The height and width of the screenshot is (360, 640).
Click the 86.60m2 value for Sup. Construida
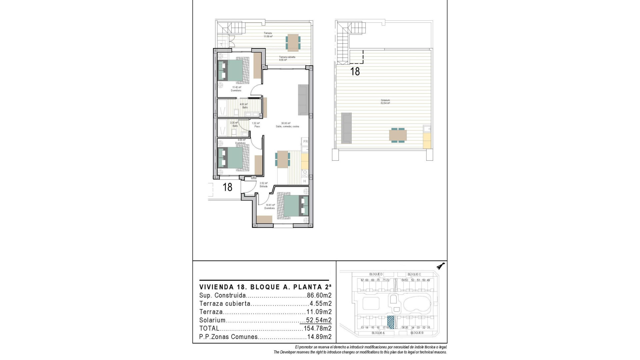click(319, 295)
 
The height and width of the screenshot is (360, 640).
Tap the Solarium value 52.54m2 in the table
click(319, 320)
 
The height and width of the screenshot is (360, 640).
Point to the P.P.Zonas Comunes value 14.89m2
click(319, 337)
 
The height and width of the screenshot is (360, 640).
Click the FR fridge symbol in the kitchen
click(305, 142)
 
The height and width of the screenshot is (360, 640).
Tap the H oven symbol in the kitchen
click(305, 181)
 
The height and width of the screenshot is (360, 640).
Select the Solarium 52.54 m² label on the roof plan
click(385, 102)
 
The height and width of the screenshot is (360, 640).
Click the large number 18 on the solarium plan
click(355, 71)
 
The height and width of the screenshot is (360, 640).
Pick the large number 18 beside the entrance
click(227, 187)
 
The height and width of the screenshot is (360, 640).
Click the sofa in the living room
click(303, 100)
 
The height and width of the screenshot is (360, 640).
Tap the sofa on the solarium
click(346, 128)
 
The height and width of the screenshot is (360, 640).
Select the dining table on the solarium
click(398, 135)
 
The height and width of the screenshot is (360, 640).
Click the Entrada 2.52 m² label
click(264, 185)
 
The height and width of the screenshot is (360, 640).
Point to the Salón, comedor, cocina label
click(287, 125)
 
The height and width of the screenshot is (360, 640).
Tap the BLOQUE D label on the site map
click(376, 274)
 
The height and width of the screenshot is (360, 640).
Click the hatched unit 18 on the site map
click(391, 322)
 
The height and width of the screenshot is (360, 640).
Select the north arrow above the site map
click(441, 266)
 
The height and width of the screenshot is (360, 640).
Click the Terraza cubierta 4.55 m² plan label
click(287, 59)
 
